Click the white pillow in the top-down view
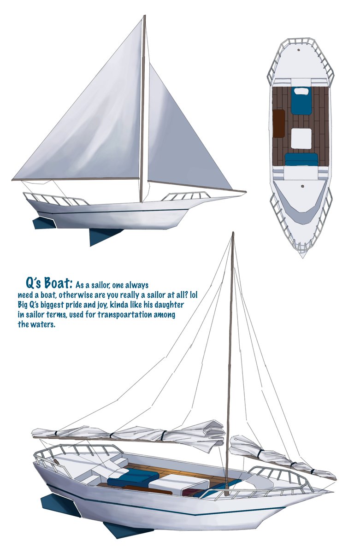point(301,91)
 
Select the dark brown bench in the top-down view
point(279,123)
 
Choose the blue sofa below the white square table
point(301,160)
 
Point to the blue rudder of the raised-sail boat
point(43,223)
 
